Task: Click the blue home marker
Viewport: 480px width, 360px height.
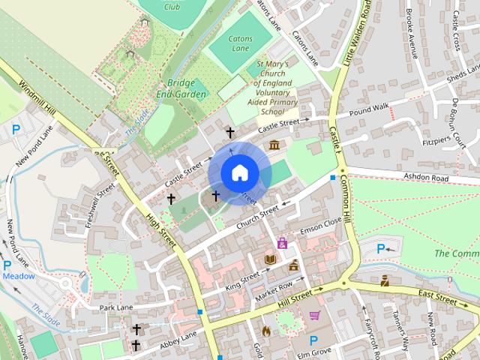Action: [239, 173]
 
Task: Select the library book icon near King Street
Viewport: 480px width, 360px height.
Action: [270, 259]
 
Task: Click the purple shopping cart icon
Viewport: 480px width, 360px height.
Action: [315, 315]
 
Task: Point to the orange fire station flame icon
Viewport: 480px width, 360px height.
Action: [265, 330]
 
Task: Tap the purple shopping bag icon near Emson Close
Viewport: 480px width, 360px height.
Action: [282, 243]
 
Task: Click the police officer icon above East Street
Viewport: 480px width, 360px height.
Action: [385, 281]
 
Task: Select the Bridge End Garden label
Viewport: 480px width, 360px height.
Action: [181, 88]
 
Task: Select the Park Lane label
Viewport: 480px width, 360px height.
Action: [115, 307]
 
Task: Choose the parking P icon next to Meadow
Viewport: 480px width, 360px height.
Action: [7, 265]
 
